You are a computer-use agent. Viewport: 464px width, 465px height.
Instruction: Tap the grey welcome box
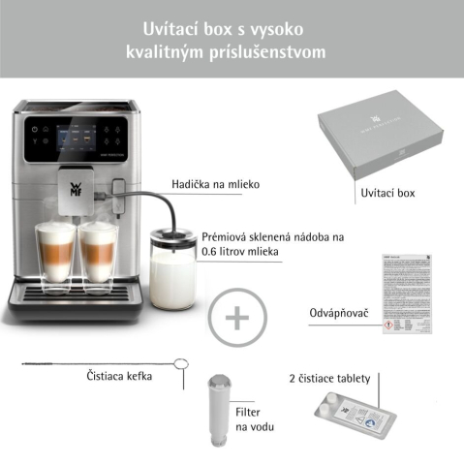pyautogui.click(x=385, y=136)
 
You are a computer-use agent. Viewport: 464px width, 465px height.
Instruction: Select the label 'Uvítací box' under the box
pyautogui.click(x=387, y=194)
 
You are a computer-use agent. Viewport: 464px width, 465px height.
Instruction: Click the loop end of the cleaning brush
pyautogui.click(x=179, y=365)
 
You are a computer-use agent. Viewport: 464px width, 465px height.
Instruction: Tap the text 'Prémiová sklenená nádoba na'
pyautogui.click(x=273, y=236)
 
